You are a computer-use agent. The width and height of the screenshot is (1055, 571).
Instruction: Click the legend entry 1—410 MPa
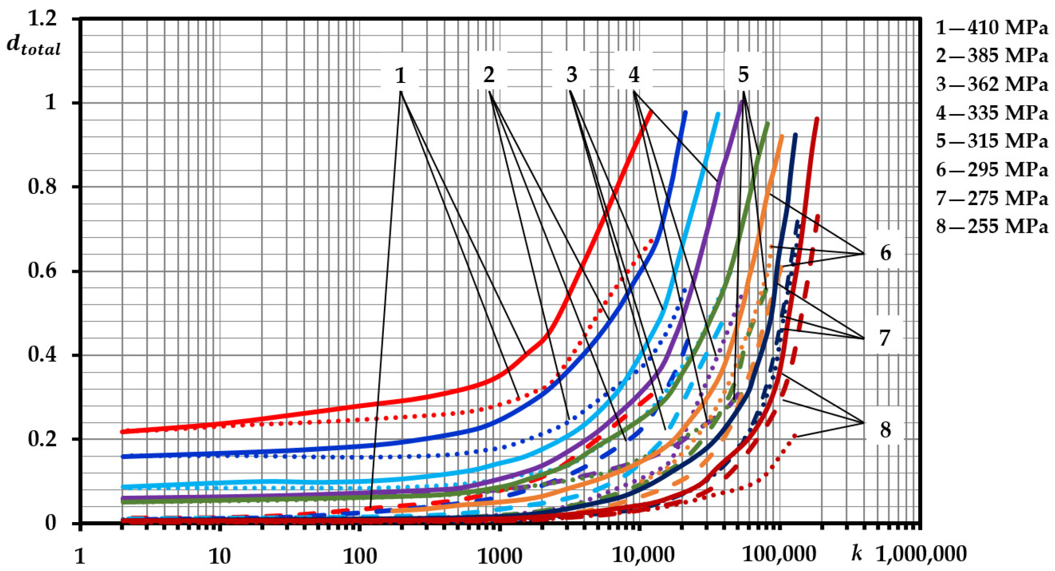point(992,28)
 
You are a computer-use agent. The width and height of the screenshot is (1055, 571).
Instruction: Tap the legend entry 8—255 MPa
point(992,226)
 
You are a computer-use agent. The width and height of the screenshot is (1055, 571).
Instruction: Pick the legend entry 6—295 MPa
point(992,170)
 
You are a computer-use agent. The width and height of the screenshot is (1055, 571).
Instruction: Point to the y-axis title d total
point(34,46)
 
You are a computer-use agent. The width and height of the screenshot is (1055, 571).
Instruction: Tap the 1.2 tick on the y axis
point(42,18)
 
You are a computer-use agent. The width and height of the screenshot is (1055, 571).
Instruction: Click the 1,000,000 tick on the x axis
point(921,554)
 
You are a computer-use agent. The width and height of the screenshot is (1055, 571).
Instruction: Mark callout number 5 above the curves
point(743,75)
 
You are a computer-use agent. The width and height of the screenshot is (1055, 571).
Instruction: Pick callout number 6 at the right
point(886,253)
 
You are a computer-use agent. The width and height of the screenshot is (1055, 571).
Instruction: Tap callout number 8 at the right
point(885,430)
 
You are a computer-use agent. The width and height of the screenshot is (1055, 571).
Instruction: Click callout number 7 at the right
point(885,338)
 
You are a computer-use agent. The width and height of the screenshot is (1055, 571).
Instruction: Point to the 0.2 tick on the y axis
point(42,439)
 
